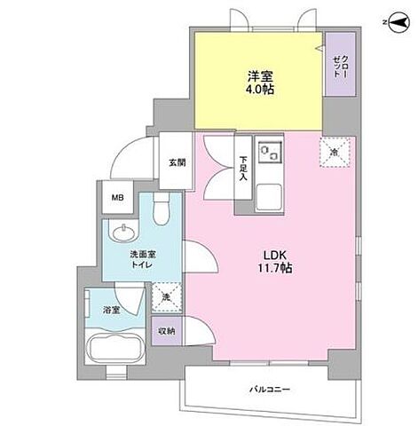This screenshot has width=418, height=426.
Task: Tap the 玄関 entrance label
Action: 177,162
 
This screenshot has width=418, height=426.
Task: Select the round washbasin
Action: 122,233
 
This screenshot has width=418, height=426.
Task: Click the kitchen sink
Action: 269,154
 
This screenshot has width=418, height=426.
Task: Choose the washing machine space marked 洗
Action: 164,296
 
